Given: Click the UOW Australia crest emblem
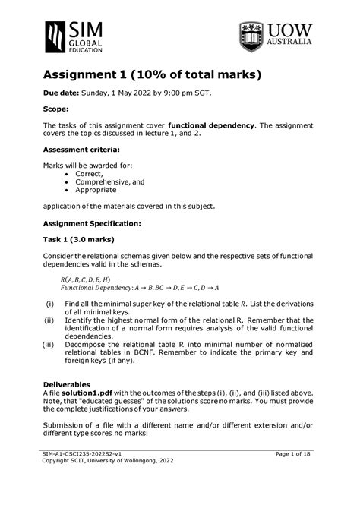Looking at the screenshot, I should click(x=251, y=36).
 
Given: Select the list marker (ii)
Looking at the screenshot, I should click(x=50, y=320).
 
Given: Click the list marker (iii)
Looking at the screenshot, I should click(x=49, y=344).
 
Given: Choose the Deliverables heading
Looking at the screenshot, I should click(x=71, y=384).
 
